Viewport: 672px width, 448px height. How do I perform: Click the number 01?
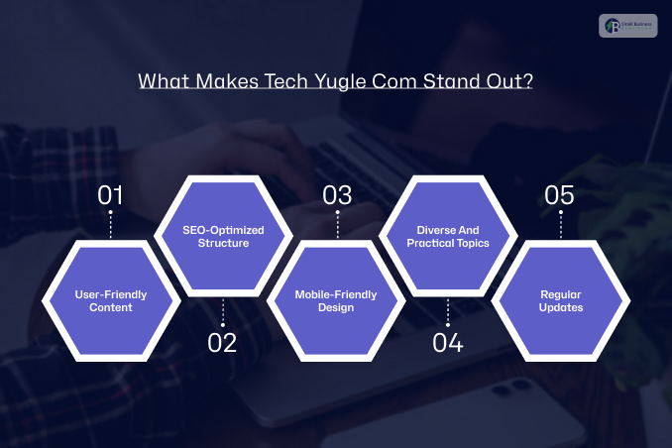click(110, 194)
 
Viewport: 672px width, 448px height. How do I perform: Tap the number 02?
click(223, 343)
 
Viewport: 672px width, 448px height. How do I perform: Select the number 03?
click(337, 194)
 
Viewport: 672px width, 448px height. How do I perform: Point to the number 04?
click(448, 343)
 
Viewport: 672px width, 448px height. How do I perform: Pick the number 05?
click(560, 194)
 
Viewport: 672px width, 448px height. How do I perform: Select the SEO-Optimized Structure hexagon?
click(223, 236)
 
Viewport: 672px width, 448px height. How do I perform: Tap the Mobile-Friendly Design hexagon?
click(337, 300)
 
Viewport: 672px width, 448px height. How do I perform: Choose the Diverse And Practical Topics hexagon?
click(448, 236)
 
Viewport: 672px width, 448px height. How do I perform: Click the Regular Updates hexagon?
click(560, 300)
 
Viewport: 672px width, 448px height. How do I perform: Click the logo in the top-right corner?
click(627, 25)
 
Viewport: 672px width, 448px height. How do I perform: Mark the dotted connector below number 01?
click(110, 224)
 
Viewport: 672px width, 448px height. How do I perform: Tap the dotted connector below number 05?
click(560, 224)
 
